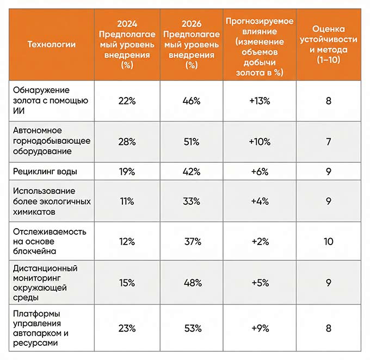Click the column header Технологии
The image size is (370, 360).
(52, 44)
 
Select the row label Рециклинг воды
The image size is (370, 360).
(45, 172)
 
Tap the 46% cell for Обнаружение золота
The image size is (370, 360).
(192, 101)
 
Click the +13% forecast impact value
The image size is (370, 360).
(260, 101)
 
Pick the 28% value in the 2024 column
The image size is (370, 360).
(127, 141)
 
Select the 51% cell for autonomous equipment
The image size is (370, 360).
(192, 141)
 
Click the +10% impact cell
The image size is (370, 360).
(260, 141)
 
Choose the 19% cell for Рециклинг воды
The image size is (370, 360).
(127, 172)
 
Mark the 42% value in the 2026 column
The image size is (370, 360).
(192, 172)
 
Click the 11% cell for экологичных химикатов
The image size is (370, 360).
(127, 201)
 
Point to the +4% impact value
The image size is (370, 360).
(260, 201)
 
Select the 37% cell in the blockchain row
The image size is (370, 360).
(192, 241)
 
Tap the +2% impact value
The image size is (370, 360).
(260, 241)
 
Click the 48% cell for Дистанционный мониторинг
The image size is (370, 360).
(192, 283)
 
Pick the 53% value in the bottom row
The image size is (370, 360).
(192, 328)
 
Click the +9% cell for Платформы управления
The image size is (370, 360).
(260, 328)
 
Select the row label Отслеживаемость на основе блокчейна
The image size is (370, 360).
(50, 241)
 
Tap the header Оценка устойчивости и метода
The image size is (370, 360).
(328, 44)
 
